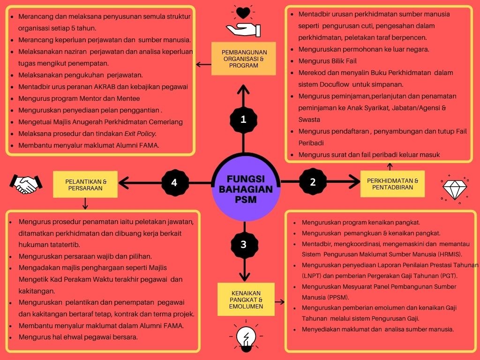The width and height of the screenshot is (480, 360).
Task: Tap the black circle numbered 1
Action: coord(243,119)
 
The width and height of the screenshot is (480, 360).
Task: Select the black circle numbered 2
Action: coord(313,182)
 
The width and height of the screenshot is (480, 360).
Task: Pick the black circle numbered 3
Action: coord(243,244)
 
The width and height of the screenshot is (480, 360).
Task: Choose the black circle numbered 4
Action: coord(174,182)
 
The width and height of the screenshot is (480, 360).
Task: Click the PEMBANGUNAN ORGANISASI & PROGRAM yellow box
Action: coord(244,59)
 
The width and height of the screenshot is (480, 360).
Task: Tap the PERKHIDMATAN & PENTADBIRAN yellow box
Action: coord(392,184)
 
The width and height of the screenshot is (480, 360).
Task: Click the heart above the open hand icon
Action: coord(243,13)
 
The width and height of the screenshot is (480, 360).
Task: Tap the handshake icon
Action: coord(26,184)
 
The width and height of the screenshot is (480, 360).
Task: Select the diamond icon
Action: coord(455,190)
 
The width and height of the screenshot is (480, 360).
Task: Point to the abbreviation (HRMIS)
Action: coord(447,254)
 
